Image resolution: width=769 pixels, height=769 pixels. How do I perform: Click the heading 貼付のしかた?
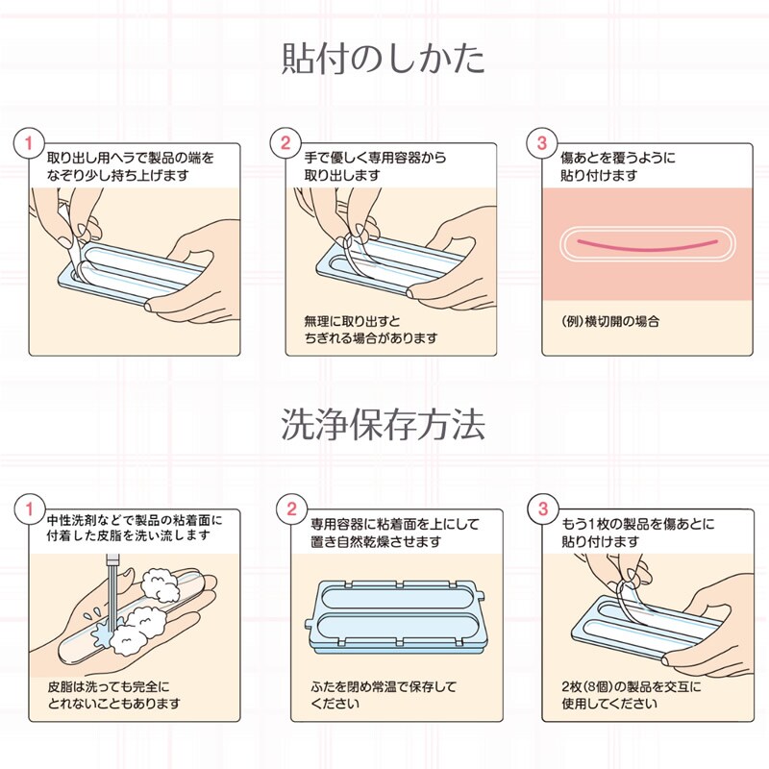tap(384, 59)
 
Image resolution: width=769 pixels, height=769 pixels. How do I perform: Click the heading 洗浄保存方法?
tap(384, 424)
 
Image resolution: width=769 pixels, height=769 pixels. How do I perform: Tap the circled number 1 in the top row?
tap(29, 143)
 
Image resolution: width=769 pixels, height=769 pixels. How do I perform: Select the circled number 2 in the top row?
tap(285, 143)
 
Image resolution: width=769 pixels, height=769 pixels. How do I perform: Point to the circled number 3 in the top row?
tap(542, 143)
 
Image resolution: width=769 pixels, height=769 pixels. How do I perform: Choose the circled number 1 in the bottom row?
tap(30, 509)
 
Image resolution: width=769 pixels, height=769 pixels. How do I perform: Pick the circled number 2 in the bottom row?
tap(292, 509)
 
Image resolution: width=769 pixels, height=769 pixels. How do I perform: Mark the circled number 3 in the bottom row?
tap(543, 509)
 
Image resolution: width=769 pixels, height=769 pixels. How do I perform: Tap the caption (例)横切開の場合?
tap(610, 322)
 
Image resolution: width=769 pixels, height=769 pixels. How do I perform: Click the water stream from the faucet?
tap(112, 597)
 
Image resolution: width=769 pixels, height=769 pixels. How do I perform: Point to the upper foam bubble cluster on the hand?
tap(161, 583)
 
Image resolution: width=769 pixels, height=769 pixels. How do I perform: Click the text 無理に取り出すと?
tap(352, 322)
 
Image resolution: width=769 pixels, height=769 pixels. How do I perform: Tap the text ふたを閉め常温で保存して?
tap(384, 686)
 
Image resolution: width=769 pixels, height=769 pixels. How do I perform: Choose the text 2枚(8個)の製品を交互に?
tap(632, 686)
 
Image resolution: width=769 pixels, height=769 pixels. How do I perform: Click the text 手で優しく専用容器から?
tap(375, 158)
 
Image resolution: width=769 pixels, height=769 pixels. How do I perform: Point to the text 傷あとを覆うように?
tap(618, 158)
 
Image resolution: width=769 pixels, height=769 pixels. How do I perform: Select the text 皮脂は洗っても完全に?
tap(109, 686)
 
